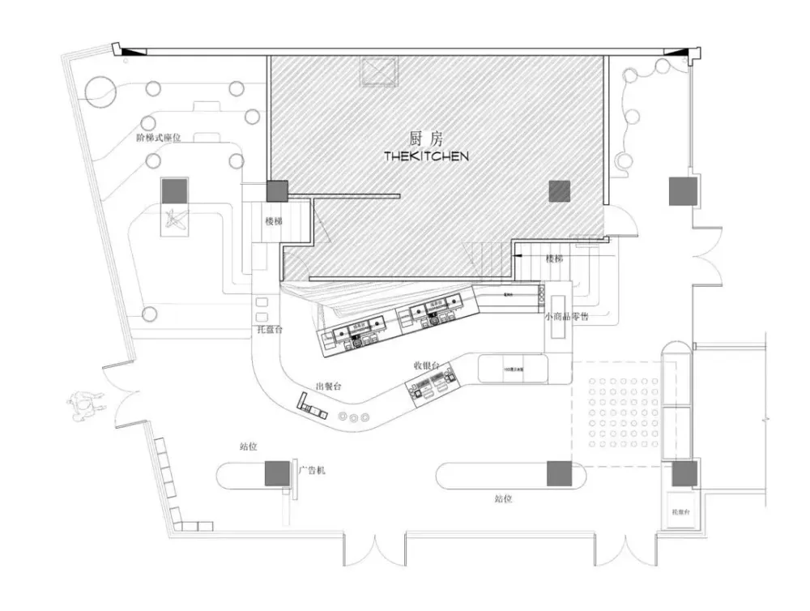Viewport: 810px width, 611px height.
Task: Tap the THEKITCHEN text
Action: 426,156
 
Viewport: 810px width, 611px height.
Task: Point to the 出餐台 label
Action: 329,387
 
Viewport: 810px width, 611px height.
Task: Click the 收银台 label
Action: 426,367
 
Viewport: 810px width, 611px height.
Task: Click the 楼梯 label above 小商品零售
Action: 554,258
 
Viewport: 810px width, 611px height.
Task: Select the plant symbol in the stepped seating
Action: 174,220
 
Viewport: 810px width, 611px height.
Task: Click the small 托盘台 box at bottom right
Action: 680,512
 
